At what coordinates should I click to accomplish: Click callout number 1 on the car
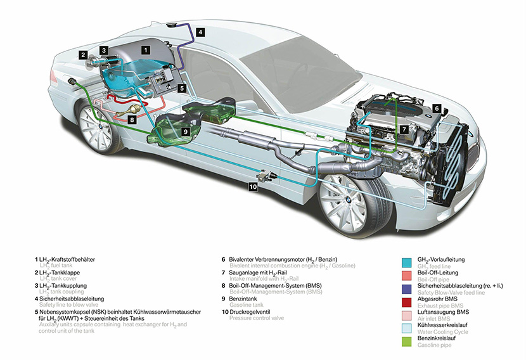tap(146, 49)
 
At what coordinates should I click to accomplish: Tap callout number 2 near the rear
tap(83, 55)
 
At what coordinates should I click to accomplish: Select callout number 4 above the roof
tap(200, 31)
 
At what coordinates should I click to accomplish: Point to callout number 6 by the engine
tap(436, 108)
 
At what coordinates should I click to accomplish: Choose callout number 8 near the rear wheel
tap(132, 119)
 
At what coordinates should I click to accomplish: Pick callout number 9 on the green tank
tap(186, 132)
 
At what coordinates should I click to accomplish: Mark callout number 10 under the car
tap(253, 186)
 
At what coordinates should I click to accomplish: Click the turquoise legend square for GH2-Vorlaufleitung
tap(409, 261)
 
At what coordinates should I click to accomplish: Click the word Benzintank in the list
tap(247, 298)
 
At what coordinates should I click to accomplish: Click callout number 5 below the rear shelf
tap(182, 89)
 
